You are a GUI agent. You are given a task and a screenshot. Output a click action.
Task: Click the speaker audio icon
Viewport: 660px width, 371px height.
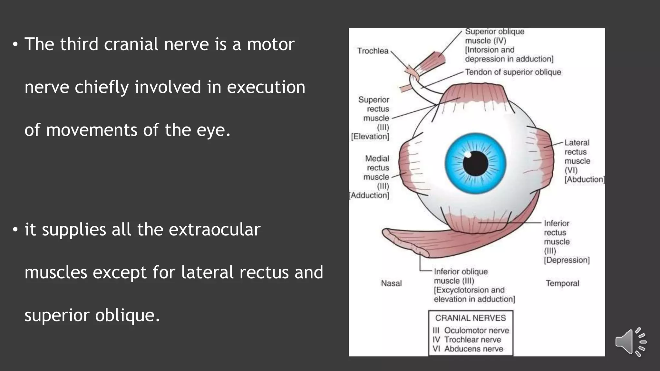[x=630, y=342]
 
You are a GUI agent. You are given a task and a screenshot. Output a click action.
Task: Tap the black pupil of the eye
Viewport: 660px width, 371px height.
[x=475, y=163]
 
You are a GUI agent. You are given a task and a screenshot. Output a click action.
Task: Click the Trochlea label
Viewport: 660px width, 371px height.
[x=373, y=51]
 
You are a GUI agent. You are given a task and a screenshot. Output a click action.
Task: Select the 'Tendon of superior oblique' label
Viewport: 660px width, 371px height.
[x=513, y=72]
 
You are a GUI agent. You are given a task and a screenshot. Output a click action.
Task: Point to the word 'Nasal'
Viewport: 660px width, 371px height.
[x=391, y=283]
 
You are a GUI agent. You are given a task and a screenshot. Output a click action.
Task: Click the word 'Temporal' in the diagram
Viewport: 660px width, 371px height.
[x=562, y=283]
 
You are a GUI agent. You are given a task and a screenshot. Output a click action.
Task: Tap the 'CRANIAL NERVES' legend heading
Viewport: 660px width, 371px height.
[x=471, y=318]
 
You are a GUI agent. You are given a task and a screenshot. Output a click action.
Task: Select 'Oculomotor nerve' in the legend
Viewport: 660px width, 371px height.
[x=476, y=330]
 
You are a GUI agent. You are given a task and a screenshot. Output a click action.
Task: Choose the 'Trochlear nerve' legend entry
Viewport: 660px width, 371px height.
[x=472, y=340]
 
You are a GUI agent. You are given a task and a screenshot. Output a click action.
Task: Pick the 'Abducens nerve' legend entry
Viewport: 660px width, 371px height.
[x=473, y=349]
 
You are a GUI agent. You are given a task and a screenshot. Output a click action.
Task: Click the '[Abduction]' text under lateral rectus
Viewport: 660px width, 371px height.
[x=584, y=179]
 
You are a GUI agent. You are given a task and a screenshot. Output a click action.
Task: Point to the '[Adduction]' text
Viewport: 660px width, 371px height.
[x=369, y=195]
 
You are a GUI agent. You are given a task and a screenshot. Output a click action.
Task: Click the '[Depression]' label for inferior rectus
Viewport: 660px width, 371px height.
[x=567, y=260]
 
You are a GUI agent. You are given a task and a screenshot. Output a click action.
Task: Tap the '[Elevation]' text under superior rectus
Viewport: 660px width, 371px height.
[x=370, y=137]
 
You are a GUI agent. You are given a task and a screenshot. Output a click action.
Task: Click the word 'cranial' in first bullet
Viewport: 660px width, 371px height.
[x=131, y=44]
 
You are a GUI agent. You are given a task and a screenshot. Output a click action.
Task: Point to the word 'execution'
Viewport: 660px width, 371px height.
[x=266, y=87]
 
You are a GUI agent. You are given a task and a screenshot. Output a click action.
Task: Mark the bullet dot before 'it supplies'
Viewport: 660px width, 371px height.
[x=15, y=230]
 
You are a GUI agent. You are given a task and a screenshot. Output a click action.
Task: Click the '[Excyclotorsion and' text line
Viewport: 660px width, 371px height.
[x=469, y=290]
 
